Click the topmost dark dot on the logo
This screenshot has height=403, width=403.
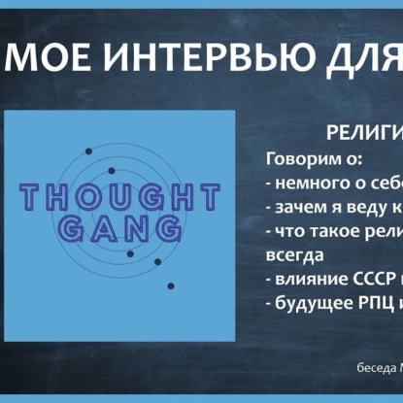pyautogui.click(x=89, y=150)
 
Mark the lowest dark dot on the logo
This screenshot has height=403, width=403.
pyautogui.click(x=172, y=285)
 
